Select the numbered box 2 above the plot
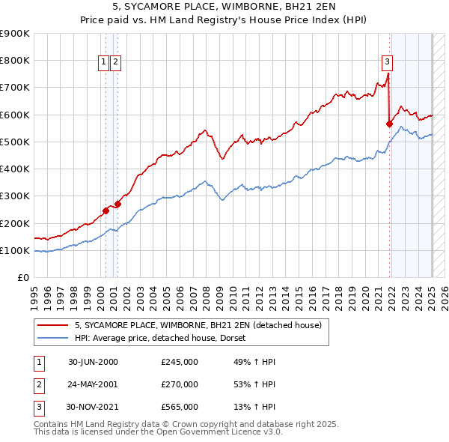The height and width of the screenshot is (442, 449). tap(116, 63)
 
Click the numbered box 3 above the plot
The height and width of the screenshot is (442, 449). tap(387, 62)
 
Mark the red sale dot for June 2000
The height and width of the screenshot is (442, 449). tap(106, 211)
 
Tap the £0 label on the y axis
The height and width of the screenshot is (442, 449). tap(23, 277)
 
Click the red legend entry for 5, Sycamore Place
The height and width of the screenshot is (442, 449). tap(198, 325)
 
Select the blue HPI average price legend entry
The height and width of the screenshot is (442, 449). tap(165, 338)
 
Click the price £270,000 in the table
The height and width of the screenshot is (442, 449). tap(180, 384)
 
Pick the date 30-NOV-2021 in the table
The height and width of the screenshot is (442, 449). tap(93, 407)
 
